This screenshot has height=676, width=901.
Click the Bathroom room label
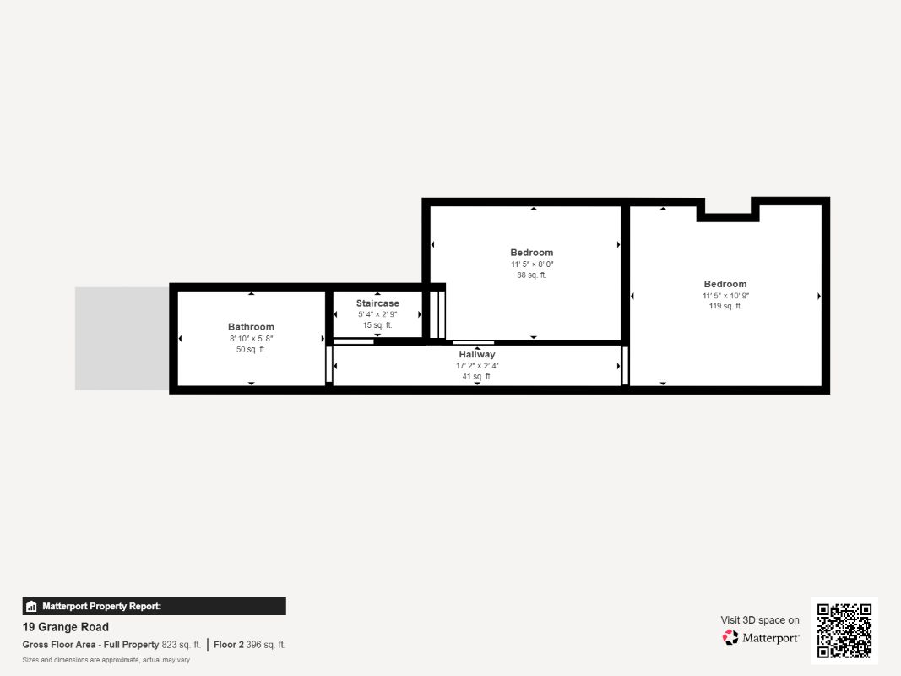tap(251, 326)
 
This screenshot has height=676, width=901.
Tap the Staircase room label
tap(377, 303)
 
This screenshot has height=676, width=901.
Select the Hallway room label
tap(477, 354)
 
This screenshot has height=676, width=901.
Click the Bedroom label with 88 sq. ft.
tap(531, 253)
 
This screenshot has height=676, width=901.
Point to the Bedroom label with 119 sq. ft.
tap(725, 284)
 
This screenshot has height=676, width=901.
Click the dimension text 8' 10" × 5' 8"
tap(251, 339)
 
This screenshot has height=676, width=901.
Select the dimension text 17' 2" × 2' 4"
tap(477, 366)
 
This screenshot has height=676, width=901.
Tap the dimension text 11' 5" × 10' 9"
tap(725, 296)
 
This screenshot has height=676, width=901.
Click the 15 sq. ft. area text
tap(377, 325)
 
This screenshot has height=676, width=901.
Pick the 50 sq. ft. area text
tap(251, 350)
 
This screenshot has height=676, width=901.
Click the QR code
tap(844, 630)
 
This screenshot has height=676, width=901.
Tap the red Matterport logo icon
tap(730, 637)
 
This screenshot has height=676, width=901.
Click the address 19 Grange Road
tap(66, 627)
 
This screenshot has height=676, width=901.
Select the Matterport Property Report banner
tap(154, 606)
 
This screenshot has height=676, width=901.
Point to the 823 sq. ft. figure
tap(181, 645)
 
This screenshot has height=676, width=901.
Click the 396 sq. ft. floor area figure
tap(265, 645)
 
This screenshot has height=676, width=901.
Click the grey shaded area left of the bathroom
tap(122, 339)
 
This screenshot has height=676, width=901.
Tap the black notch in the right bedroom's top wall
tap(728, 215)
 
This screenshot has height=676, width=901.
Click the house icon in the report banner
tap(31, 607)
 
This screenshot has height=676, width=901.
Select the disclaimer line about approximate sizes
tap(106, 660)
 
